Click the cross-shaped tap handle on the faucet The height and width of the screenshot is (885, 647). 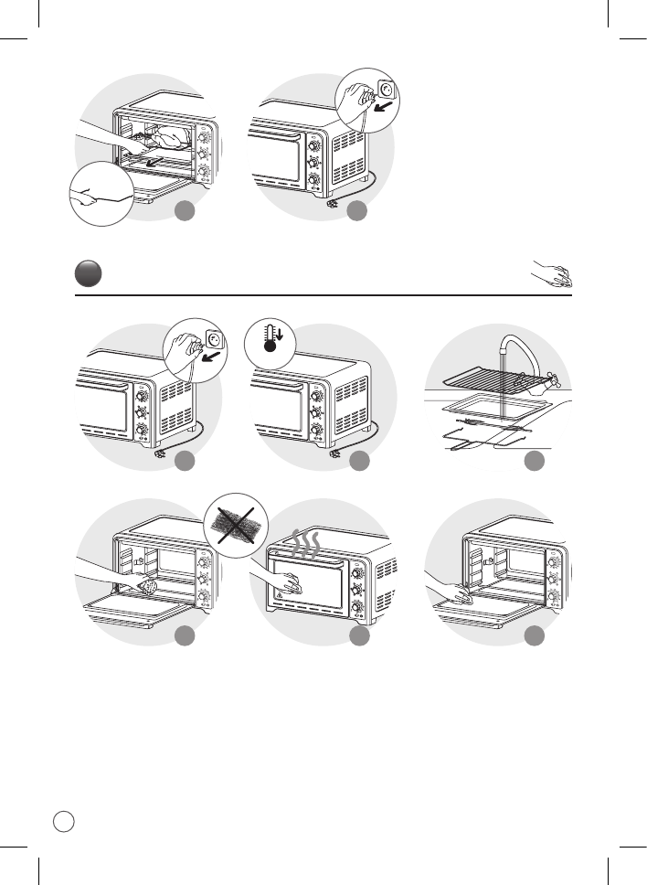click(552, 375)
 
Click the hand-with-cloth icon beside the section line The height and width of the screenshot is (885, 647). click(552, 274)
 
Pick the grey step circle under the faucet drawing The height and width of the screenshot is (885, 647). click(534, 462)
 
